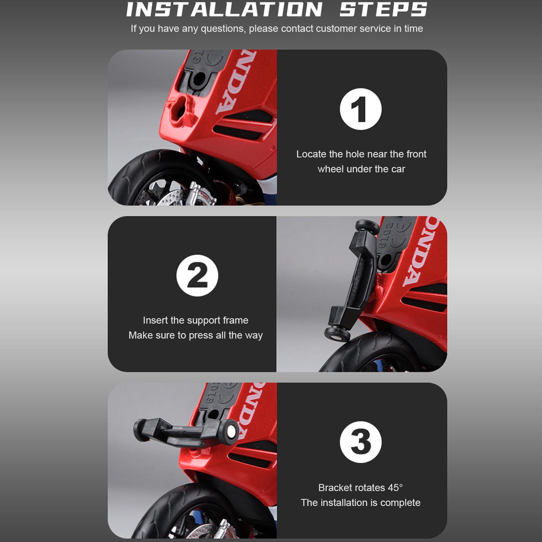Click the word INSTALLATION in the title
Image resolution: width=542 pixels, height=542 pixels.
click(224, 9)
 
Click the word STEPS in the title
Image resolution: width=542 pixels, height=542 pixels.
click(383, 9)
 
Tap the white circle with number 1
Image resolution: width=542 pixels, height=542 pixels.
click(360, 109)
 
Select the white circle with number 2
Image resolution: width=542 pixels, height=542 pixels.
click(197, 276)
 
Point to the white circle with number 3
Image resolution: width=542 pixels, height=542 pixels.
click(360, 442)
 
